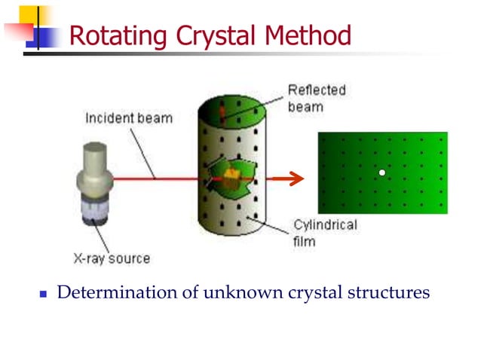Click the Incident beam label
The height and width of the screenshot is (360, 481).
click(128, 118)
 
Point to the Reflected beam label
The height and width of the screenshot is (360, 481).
click(316, 98)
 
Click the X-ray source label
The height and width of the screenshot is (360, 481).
click(112, 258)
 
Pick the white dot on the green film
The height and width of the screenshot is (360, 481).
click(382, 172)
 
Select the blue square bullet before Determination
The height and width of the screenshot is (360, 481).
click(43, 293)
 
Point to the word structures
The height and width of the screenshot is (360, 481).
click(389, 292)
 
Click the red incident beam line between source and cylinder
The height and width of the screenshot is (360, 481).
click(158, 179)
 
